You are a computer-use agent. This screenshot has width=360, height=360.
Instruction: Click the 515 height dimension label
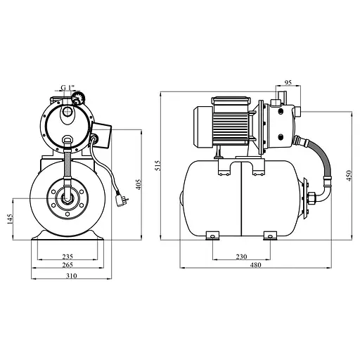[x=158, y=165]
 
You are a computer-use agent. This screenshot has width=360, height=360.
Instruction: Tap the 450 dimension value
[x=349, y=175]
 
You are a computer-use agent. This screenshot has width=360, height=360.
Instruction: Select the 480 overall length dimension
[x=255, y=265]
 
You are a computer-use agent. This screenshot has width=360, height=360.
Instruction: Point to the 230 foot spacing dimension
[x=241, y=257]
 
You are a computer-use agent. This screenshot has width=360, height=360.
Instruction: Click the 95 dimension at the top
[x=288, y=82]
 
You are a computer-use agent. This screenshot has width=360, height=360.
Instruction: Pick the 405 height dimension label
[x=139, y=184]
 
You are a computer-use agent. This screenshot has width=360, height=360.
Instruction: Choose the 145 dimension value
[x=10, y=219]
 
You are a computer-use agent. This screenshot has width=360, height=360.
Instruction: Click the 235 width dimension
[x=67, y=257]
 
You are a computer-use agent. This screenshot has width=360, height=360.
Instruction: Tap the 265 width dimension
[x=67, y=265]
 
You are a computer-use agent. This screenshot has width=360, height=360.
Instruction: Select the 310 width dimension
[x=71, y=276]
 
